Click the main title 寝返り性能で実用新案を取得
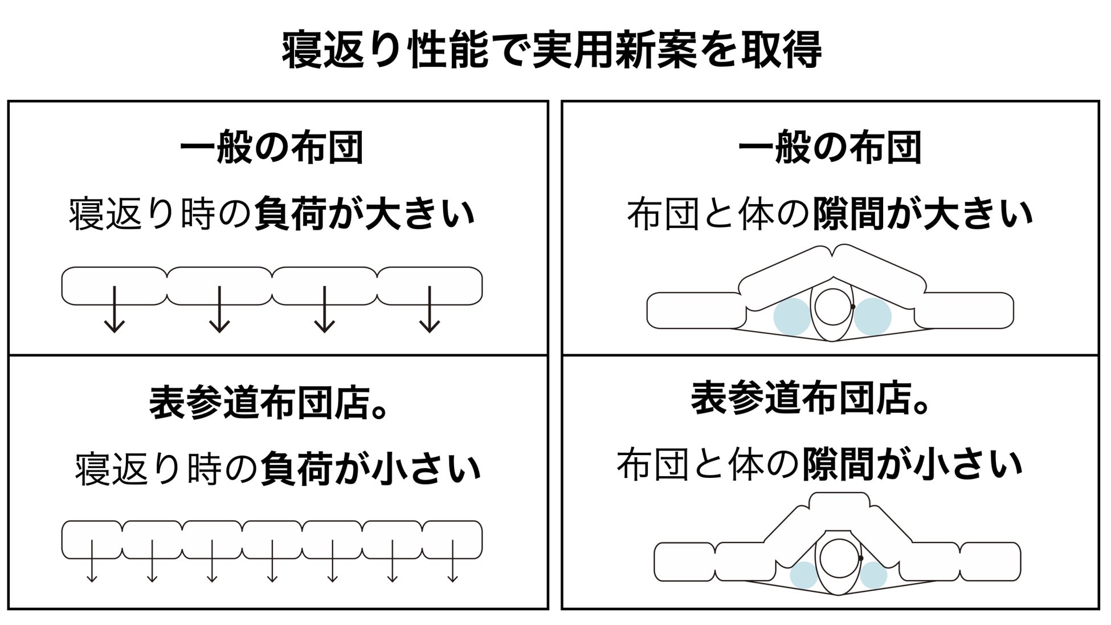(552, 50)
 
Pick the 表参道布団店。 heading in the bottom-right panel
(811, 397)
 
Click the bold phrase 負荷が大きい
(365, 214)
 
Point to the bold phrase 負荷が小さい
(371, 469)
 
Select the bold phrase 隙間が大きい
(922, 214)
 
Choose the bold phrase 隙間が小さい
(913, 465)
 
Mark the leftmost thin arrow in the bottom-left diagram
(92, 561)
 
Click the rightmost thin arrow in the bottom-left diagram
(452, 561)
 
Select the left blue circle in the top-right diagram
(792, 316)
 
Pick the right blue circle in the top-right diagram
(872, 316)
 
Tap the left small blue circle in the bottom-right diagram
(804, 575)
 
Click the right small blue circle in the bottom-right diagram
(873, 575)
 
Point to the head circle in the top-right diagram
(833, 306)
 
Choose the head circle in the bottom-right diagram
(839, 559)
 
